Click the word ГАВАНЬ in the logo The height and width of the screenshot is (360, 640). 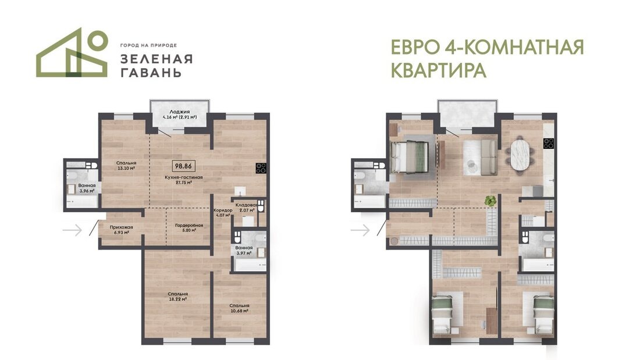(151, 73)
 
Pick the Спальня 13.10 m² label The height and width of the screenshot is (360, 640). (125, 166)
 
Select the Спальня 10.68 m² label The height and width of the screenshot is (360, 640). (239, 308)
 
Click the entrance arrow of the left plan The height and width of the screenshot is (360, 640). (72, 231)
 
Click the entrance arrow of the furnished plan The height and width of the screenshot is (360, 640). (360, 231)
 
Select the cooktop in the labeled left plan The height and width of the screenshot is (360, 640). (261, 169)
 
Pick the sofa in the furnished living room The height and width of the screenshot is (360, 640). (480, 156)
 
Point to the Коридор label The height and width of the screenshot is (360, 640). (222, 213)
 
